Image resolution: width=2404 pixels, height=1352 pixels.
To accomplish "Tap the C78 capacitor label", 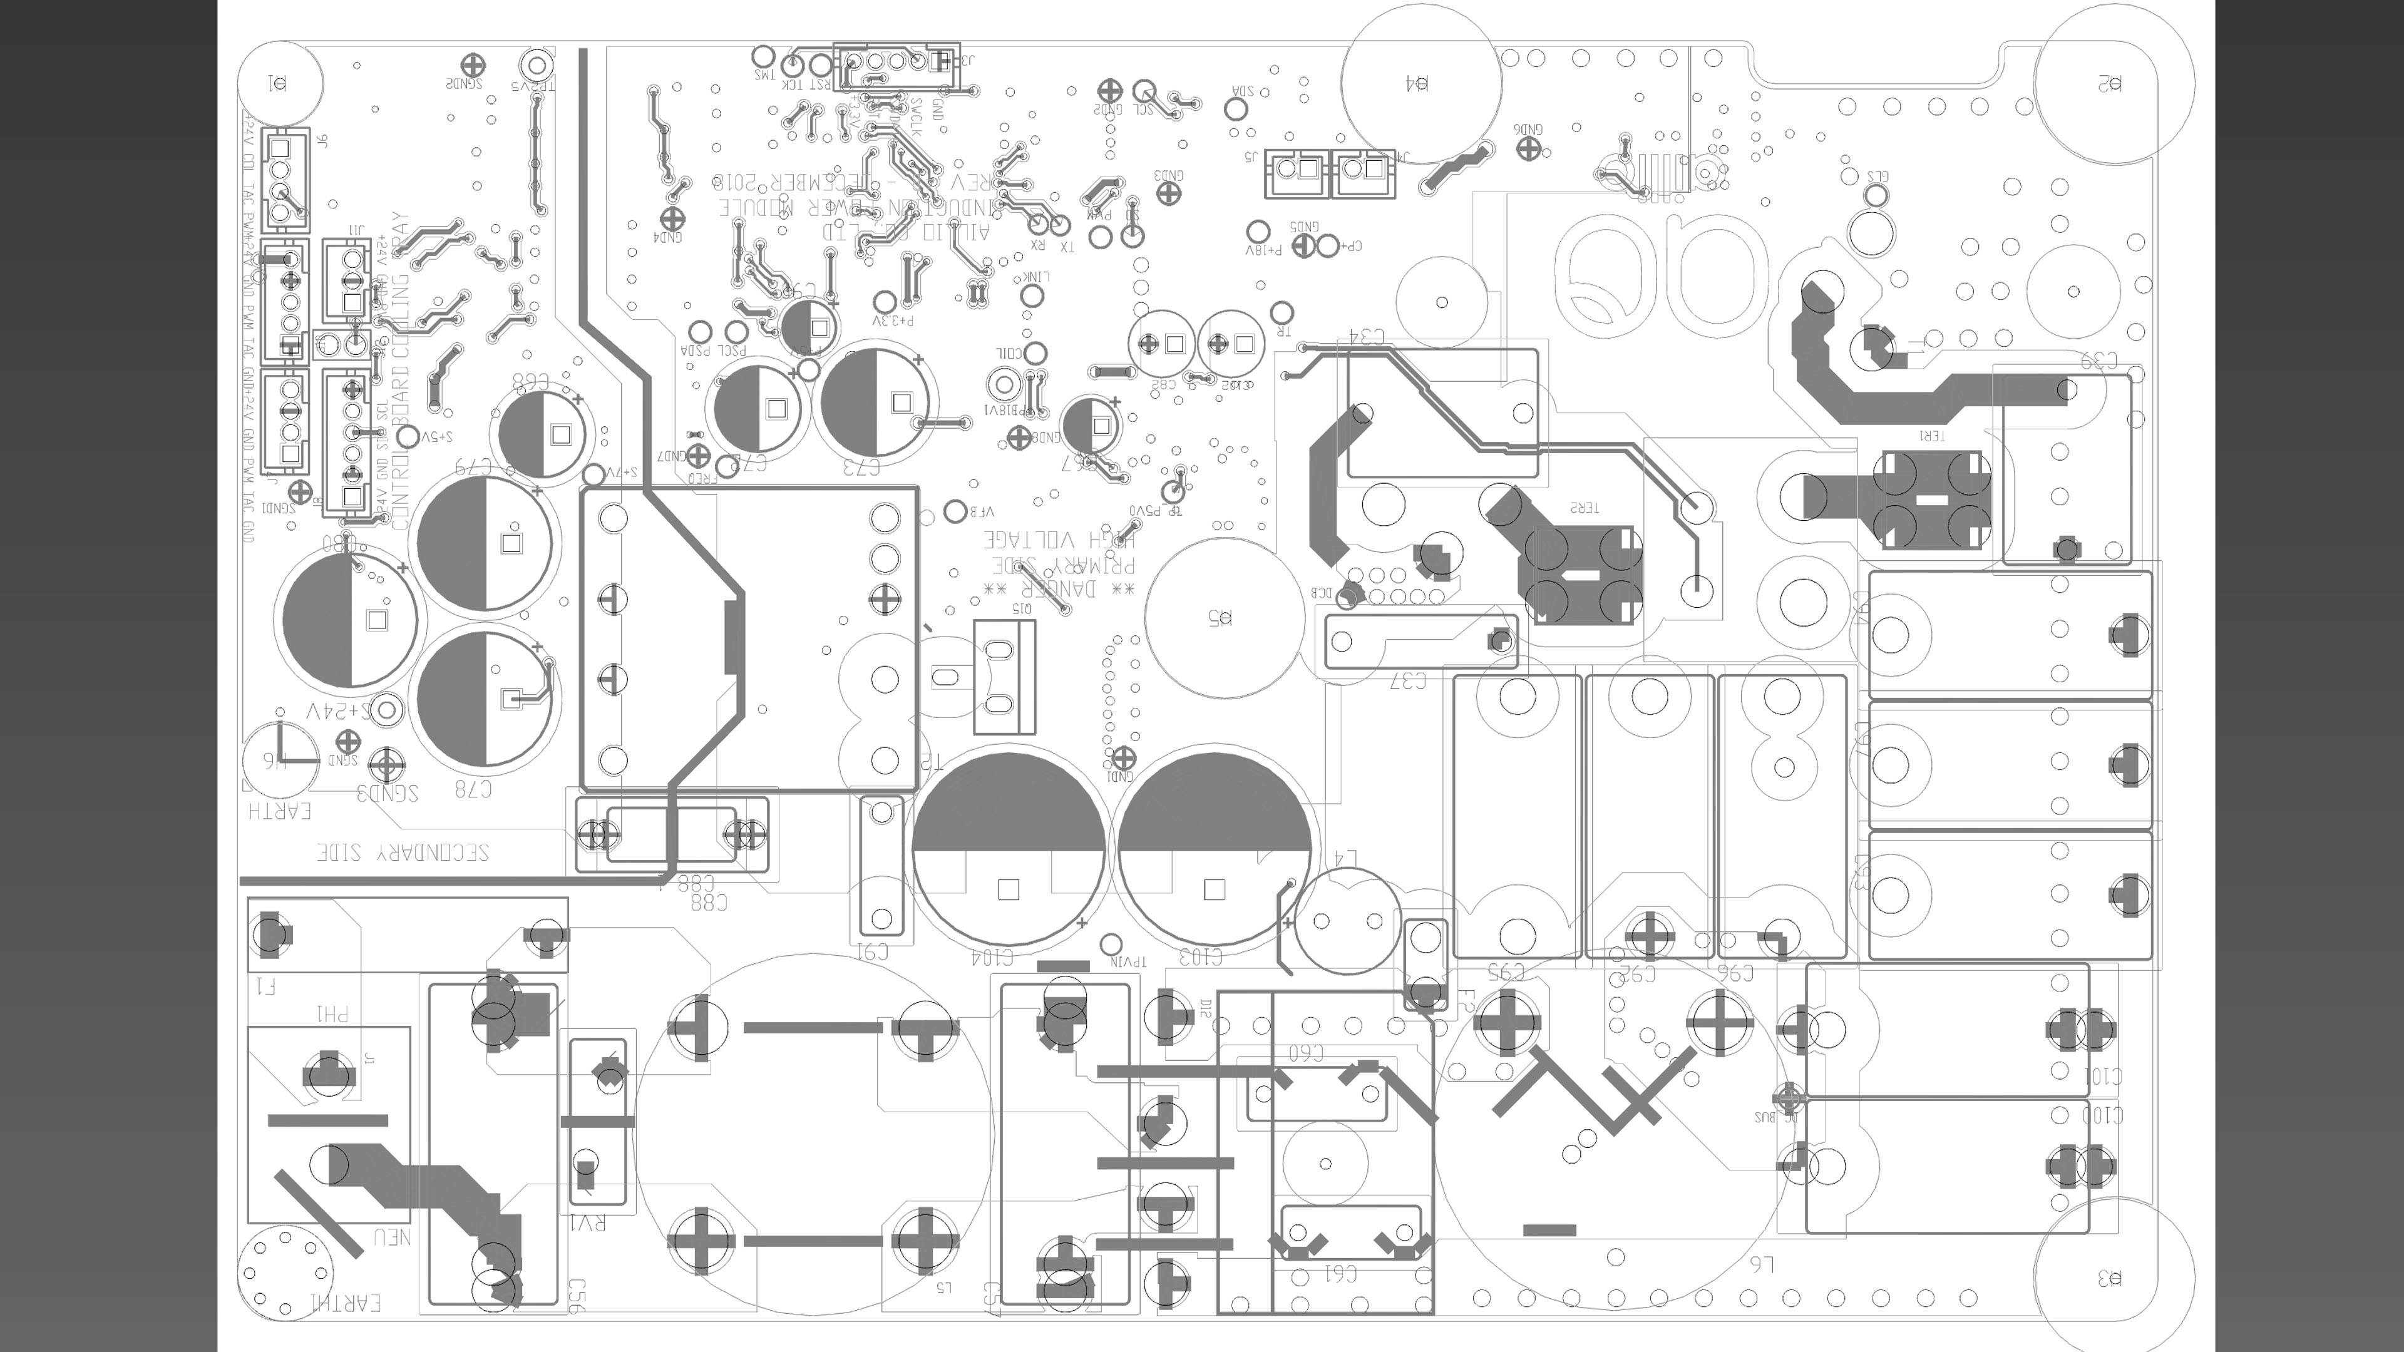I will click(473, 789).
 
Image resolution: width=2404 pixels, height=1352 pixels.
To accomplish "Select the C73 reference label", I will click(861, 466).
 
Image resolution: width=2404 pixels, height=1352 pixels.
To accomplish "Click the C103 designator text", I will click(1200, 957).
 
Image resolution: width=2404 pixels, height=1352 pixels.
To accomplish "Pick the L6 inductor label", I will click(1760, 1264).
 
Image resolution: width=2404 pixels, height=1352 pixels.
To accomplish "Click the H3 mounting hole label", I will click(2110, 1278).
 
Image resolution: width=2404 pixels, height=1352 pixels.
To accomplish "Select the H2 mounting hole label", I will click(2110, 84).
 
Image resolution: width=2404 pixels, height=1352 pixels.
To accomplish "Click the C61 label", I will click(1340, 1273).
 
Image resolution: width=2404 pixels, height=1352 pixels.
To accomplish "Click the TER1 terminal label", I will click(1932, 436).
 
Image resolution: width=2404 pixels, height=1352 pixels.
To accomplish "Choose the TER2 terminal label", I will click(1584, 508).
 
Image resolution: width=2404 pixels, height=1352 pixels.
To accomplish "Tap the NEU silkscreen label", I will click(392, 1237).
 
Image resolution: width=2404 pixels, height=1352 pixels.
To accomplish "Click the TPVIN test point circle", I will click(1111, 943).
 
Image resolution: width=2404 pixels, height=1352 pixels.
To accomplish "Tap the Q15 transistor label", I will click(1022, 608).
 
